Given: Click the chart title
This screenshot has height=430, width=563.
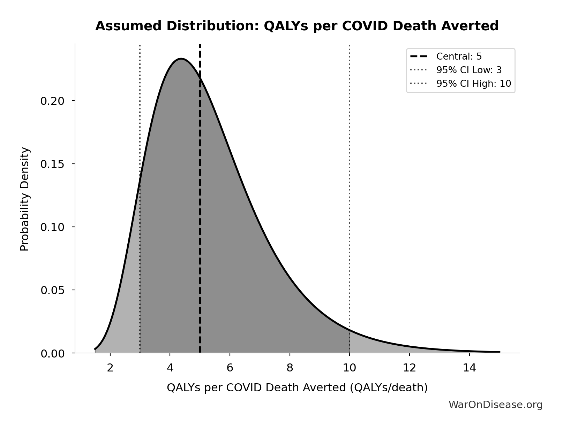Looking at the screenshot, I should [x=297, y=26].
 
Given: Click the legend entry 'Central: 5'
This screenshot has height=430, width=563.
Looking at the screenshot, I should [x=459, y=56].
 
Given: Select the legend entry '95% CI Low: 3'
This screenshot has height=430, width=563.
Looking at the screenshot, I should [x=468, y=70].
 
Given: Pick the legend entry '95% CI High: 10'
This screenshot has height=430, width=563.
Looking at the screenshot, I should [x=473, y=84].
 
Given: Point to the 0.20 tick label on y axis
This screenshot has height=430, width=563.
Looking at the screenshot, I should [x=53, y=101].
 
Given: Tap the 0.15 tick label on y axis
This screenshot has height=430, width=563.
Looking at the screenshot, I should [x=53, y=164].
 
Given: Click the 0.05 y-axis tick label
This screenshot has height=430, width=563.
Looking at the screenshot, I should [x=53, y=290].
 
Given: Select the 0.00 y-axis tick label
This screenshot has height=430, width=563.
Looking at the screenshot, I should [x=53, y=354].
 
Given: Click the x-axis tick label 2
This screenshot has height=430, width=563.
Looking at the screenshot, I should [x=110, y=368].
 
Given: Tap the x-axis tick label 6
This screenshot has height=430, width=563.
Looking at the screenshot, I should [x=230, y=368].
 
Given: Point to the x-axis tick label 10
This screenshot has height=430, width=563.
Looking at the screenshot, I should [x=350, y=368].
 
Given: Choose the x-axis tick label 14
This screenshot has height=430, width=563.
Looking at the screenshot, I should [x=469, y=368].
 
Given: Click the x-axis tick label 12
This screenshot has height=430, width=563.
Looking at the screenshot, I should [x=409, y=368].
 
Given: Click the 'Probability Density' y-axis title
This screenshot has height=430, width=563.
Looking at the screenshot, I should [x=25, y=199].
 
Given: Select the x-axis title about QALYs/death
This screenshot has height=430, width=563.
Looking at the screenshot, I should [x=297, y=387].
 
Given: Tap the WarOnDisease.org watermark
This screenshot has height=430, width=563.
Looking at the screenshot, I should [x=495, y=405].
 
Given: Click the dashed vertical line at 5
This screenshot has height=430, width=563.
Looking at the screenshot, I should [x=200, y=209].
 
